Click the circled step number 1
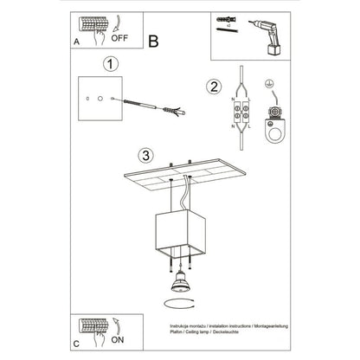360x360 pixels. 109,63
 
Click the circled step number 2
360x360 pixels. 213,86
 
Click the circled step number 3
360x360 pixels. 146,156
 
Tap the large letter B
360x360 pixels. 153,39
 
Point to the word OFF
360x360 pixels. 122,38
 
